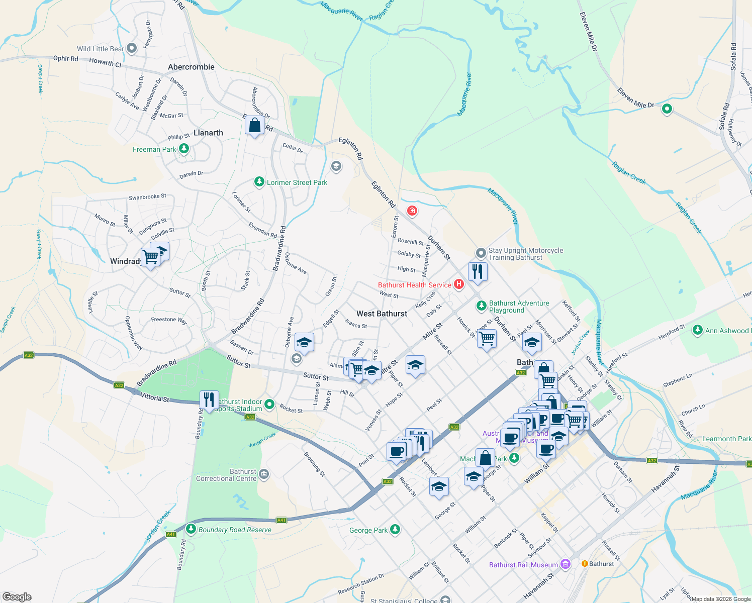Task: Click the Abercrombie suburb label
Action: [x=191, y=67]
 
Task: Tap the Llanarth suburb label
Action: [x=208, y=133]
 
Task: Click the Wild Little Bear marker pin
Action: [x=132, y=48]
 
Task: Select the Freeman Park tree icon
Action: [x=184, y=149]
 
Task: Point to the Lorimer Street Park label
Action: [x=297, y=182]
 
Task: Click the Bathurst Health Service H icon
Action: [x=458, y=284]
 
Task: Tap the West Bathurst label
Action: [x=382, y=314]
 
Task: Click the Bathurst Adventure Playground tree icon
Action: [x=481, y=305]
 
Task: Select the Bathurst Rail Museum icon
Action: [x=566, y=564]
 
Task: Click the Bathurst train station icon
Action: [x=585, y=563]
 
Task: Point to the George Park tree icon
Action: [x=395, y=529]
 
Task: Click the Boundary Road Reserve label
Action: [x=235, y=530]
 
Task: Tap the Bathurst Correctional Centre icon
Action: [x=264, y=474]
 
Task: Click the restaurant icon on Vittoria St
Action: [x=209, y=400]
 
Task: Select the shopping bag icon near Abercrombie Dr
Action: [x=255, y=125]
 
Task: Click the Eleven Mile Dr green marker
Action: [x=667, y=108]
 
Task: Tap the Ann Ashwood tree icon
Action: [x=697, y=330]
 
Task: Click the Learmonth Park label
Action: [x=726, y=439]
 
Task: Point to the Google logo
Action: [x=17, y=596]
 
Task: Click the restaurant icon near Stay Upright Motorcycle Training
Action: [x=478, y=271]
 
